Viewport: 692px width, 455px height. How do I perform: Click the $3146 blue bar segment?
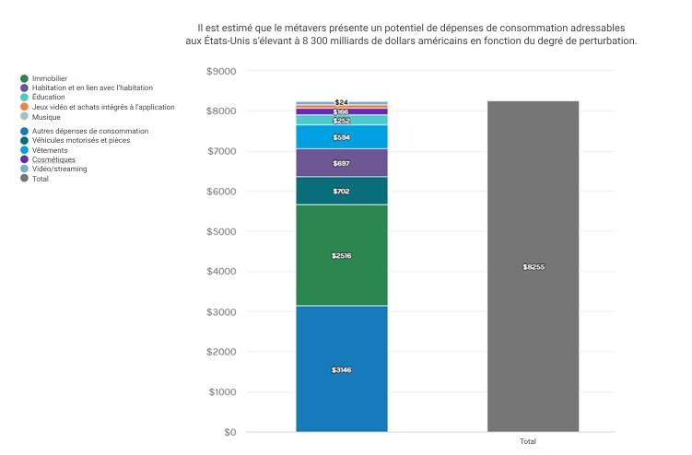[x=341, y=368]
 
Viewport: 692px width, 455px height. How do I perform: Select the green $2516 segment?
[x=341, y=255]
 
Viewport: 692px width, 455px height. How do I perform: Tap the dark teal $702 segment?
[x=341, y=191]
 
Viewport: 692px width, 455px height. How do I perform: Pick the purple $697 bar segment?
[x=341, y=162]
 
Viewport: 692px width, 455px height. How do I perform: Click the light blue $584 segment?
[x=341, y=137]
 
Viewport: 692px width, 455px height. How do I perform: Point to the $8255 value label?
[x=534, y=267]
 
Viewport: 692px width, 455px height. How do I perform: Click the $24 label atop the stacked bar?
[x=341, y=102]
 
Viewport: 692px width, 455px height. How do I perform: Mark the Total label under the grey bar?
[x=528, y=442]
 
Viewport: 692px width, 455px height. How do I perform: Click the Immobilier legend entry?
[x=49, y=78]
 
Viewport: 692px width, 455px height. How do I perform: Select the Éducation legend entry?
[x=48, y=97]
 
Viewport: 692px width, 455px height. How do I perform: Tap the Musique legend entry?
[x=45, y=117]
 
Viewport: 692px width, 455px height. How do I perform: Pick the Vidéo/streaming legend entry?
[x=59, y=169]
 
